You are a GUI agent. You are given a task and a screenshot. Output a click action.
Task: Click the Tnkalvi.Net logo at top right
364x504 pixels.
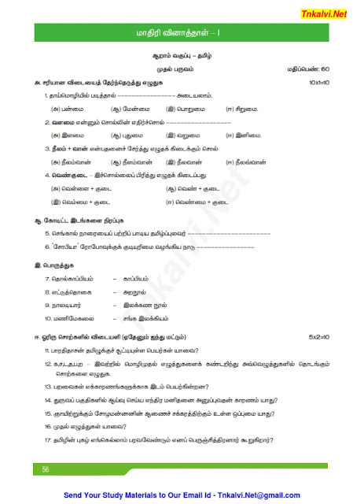coord(336,10)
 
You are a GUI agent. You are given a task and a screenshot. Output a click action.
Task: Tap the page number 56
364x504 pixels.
coord(36,469)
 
